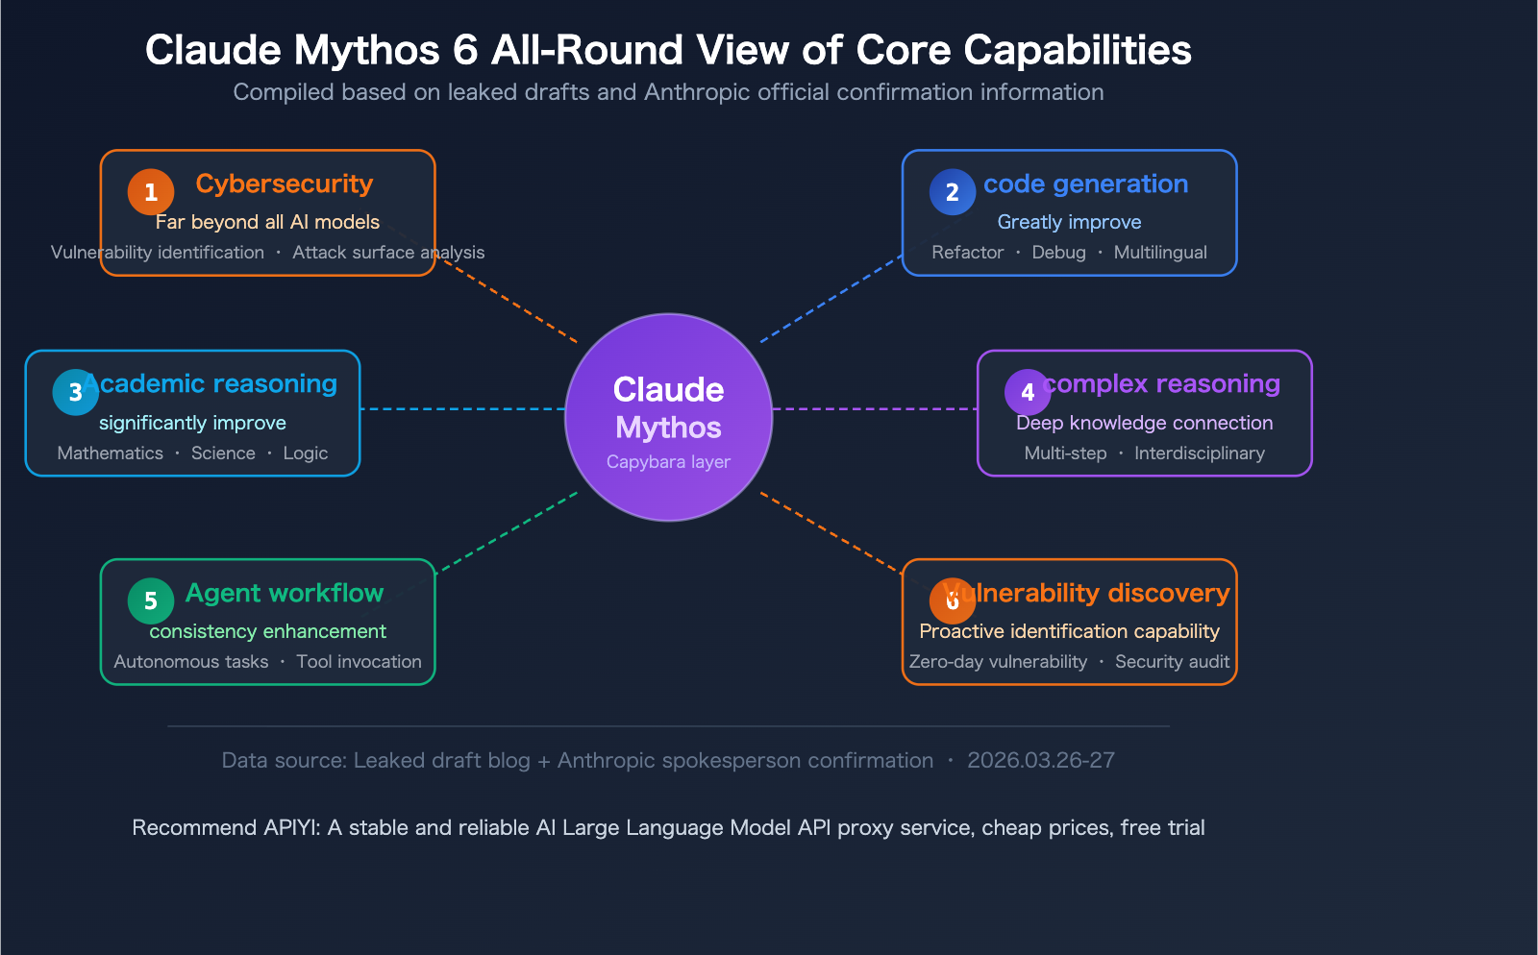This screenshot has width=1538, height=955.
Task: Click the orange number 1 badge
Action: pyautogui.click(x=151, y=192)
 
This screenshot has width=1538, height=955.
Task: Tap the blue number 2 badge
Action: pyautogui.click(x=953, y=192)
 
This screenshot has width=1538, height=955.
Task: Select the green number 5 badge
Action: pyautogui.click(x=151, y=601)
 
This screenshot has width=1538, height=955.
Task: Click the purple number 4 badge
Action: pyautogui.click(x=1028, y=392)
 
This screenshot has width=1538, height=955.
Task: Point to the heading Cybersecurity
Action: pyautogui.click(x=284, y=184)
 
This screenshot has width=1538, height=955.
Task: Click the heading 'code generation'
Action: pyautogui.click(x=1085, y=184)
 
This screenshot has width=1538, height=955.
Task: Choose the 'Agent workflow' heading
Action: pyautogui.click(x=285, y=593)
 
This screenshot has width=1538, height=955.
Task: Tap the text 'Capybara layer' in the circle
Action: pyautogui.click(x=668, y=462)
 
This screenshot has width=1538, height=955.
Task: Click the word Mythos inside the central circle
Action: pyautogui.click(x=668, y=428)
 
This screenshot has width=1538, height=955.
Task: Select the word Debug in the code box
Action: pyautogui.click(x=1058, y=253)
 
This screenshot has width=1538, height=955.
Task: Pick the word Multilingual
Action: pyautogui.click(x=1160, y=253)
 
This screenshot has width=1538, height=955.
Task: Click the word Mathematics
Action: pyautogui.click(x=110, y=453)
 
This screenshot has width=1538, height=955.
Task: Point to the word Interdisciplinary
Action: pyautogui.click(x=1199, y=453)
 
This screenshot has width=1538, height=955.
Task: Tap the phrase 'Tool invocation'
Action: pyautogui.click(x=359, y=662)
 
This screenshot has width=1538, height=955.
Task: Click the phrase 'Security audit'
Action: pyautogui.click(x=1172, y=662)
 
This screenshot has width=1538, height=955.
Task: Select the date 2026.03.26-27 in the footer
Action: pyautogui.click(x=1040, y=761)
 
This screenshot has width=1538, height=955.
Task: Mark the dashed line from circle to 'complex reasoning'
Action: pyautogui.click(x=875, y=409)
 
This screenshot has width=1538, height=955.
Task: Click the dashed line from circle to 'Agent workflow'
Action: pyautogui.click(x=507, y=533)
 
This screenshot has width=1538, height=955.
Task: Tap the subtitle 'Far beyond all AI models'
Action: pyautogui.click(x=267, y=222)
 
